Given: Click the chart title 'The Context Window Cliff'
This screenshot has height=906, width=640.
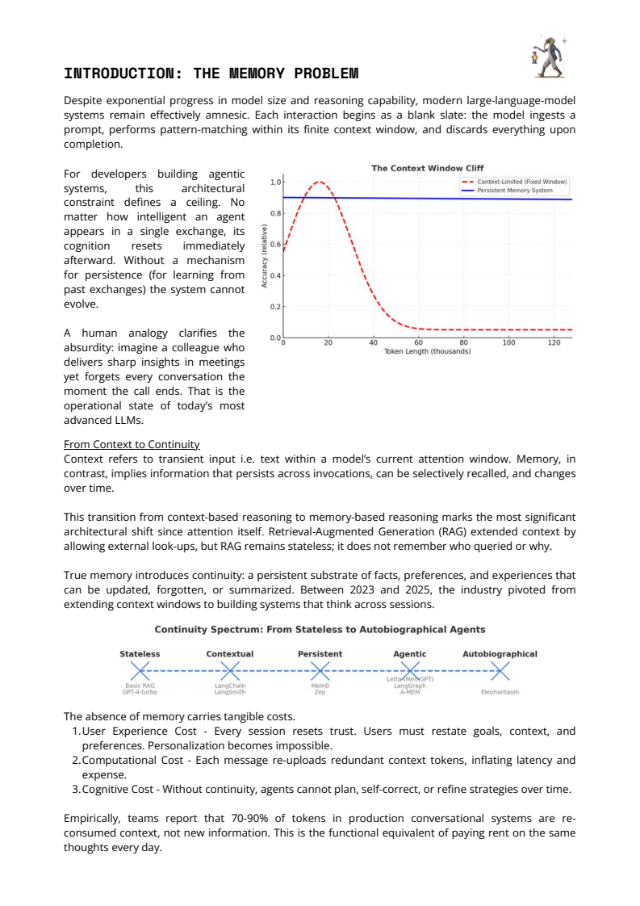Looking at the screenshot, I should point(427,168).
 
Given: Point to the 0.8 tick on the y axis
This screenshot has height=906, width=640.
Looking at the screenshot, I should point(276,213).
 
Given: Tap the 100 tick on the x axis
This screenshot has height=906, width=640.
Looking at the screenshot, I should point(508,343).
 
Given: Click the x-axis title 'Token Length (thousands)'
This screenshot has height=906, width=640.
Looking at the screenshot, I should point(427,352).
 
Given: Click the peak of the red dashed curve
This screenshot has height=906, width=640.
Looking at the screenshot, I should point(320,182).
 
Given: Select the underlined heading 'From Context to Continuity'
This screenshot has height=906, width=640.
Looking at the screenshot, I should point(132,444).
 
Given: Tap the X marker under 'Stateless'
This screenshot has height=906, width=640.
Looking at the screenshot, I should point(140,670).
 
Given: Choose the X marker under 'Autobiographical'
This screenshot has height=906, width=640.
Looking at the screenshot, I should point(500,670).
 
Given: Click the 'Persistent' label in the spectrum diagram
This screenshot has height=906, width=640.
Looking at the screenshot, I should point(320,653).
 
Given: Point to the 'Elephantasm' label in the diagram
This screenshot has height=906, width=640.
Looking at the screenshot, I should point(500,692).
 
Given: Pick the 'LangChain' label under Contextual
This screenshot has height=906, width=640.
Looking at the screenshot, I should point(230,686).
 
